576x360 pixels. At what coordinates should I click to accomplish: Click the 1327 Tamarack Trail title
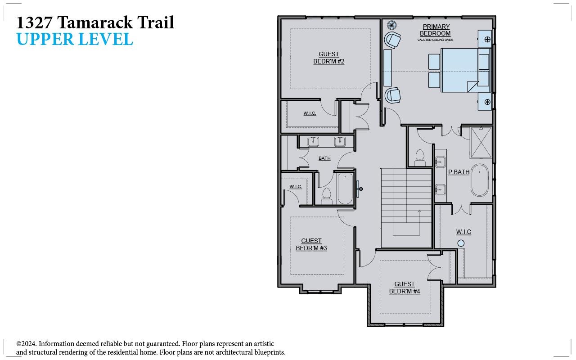point(95,22)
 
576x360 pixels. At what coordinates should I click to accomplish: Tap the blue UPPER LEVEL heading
point(75,40)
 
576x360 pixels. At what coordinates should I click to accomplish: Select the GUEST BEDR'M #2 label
point(328,58)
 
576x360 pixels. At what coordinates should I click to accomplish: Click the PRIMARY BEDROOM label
point(435,30)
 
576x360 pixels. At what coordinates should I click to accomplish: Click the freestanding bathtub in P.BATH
point(480,180)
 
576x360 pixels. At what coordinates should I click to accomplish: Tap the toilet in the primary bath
point(420,157)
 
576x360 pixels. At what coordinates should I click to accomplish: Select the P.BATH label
point(459,172)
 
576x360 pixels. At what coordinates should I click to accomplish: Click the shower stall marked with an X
point(481,142)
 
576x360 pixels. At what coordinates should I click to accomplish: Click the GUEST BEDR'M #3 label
point(311,244)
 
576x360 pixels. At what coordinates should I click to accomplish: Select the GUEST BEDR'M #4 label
point(404,288)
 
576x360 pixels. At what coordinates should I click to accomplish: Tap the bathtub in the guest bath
point(345,189)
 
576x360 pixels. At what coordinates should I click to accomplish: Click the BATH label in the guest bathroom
point(324,158)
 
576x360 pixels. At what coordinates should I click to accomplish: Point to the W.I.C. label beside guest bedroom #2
point(310,113)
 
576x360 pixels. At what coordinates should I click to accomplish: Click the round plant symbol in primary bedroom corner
point(391,25)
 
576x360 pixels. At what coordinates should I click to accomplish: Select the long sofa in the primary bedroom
point(387,67)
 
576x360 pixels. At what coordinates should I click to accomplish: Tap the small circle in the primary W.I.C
point(461,243)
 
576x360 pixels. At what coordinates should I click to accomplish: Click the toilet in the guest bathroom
point(327,196)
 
